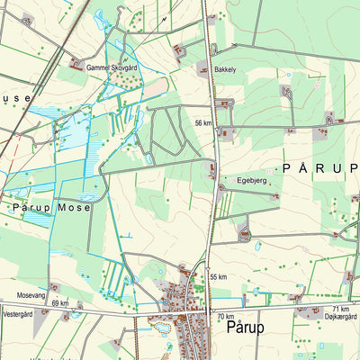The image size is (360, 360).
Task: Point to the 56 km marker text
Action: coord(203,122)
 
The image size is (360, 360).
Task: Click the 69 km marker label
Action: coord(60,303)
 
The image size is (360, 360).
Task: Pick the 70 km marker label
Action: coord(225,317)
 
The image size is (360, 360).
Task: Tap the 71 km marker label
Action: coord(340,309)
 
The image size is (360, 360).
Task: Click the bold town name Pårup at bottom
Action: coord(245,328)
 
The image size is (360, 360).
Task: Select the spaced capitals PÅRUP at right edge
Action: coord(319,167)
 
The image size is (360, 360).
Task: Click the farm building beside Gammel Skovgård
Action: coord(76,64)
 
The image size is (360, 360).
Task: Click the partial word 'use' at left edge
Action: coord(16,98)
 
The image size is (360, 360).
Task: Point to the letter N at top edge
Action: coord(165,17)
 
